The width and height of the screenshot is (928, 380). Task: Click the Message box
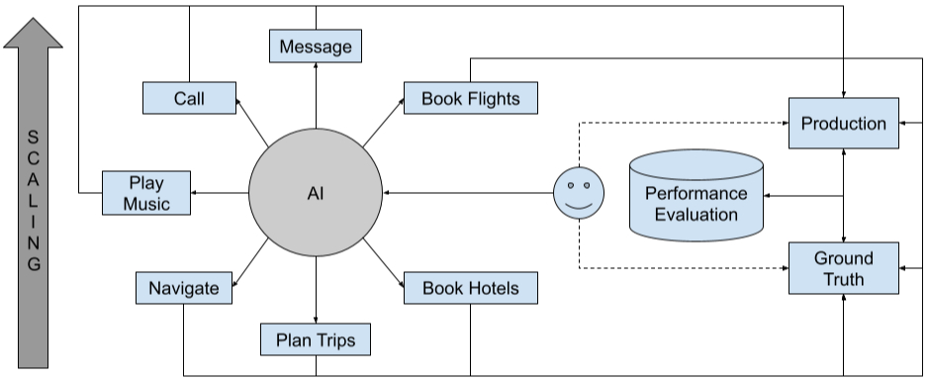[x=316, y=47]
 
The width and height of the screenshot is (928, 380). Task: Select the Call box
[x=189, y=98]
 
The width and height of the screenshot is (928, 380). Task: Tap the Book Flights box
[x=470, y=99]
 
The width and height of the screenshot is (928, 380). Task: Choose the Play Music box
[x=146, y=192]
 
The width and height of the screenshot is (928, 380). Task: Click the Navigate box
[x=183, y=288]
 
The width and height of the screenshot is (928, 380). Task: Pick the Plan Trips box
[x=316, y=340]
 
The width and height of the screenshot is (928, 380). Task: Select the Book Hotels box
[x=470, y=288]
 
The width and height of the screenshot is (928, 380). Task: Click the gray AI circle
[x=316, y=193]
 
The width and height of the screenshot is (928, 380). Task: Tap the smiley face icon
[x=578, y=192]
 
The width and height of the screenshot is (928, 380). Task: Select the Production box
[x=843, y=124]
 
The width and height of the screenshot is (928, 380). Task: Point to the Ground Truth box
[x=843, y=267]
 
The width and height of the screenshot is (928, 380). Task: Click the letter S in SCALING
[x=34, y=136]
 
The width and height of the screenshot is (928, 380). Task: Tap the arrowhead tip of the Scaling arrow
[x=34, y=19]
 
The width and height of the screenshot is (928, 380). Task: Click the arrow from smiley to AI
[x=465, y=193]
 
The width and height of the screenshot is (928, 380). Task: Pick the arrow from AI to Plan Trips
[x=316, y=292]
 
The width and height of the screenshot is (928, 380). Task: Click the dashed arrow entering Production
[x=693, y=124]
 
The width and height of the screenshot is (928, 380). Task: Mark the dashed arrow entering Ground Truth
[x=693, y=267]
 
